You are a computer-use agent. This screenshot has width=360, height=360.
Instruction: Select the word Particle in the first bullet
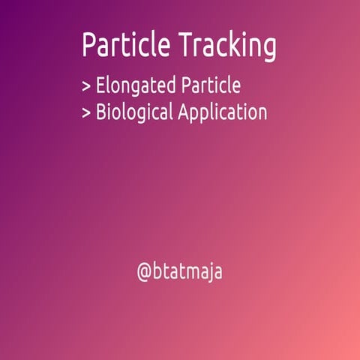212,85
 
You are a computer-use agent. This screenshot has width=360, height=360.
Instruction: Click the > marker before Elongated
86,86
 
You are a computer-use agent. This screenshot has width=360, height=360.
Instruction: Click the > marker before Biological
86,113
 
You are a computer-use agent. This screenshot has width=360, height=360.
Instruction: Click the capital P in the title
90,46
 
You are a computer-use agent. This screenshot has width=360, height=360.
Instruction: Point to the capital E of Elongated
100,85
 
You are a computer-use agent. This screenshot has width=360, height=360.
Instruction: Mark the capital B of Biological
101,112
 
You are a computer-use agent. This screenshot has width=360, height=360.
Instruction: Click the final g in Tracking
268,49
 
